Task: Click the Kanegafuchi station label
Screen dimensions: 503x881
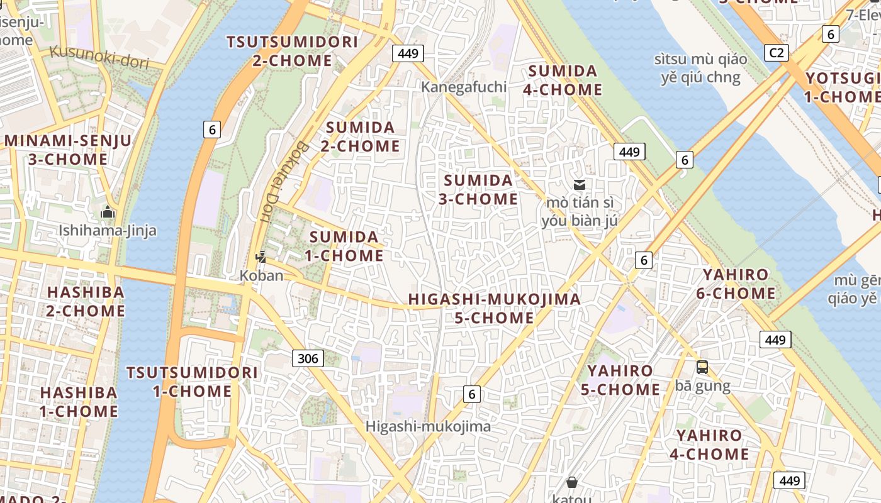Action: click(464, 87)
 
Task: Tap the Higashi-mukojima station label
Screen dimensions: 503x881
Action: click(428, 426)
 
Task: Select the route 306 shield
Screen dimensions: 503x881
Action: click(308, 358)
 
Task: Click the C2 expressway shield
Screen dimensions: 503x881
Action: click(777, 52)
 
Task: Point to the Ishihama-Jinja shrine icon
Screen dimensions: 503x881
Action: click(108, 212)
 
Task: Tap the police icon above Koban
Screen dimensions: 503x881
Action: click(261, 257)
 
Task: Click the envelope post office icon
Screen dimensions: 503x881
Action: click(580, 184)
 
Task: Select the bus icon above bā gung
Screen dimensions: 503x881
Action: click(702, 367)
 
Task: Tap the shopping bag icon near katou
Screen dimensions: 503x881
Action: click(572, 482)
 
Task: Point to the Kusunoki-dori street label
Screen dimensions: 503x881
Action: click(99, 57)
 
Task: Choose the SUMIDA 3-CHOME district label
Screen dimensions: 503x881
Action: click(480, 190)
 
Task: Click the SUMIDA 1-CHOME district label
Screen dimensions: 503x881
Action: click(344, 246)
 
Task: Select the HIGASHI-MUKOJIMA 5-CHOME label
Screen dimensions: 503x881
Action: click(494, 308)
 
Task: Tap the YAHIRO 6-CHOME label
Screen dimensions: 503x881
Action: click(736, 284)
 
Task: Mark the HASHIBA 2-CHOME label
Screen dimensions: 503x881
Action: click(86, 301)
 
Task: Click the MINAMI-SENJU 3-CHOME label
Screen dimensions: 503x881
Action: click(68, 150)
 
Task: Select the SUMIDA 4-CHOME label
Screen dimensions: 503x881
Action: click(563, 80)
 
